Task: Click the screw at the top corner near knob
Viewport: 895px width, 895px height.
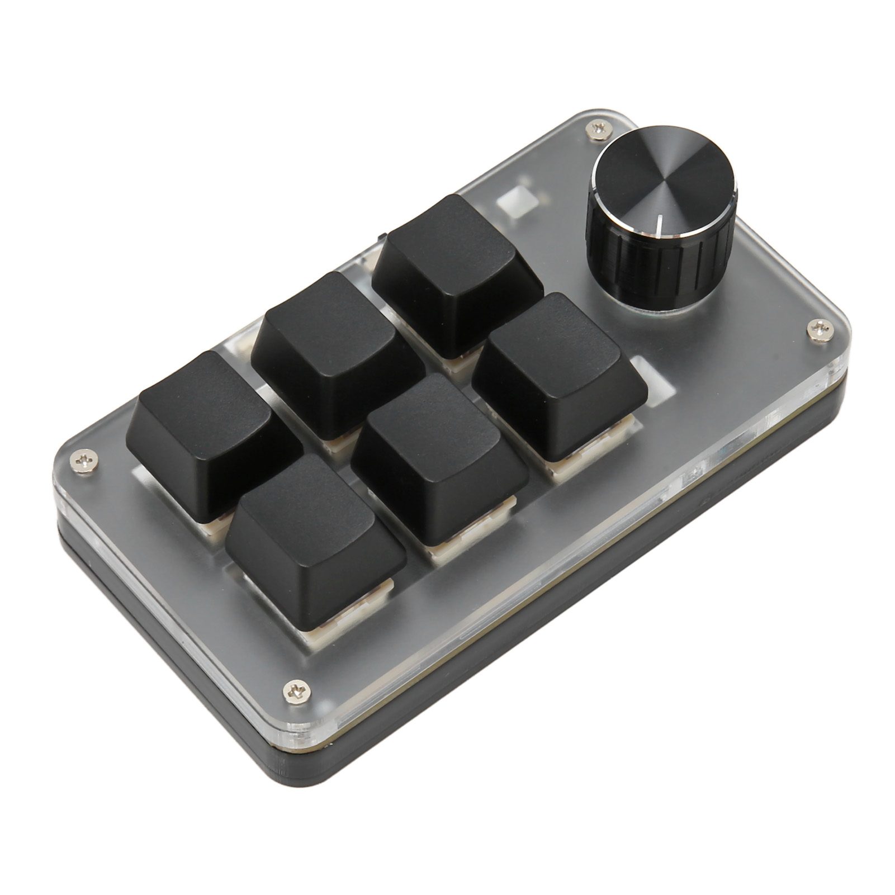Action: point(596,130)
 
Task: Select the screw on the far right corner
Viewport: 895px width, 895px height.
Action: point(820,331)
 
